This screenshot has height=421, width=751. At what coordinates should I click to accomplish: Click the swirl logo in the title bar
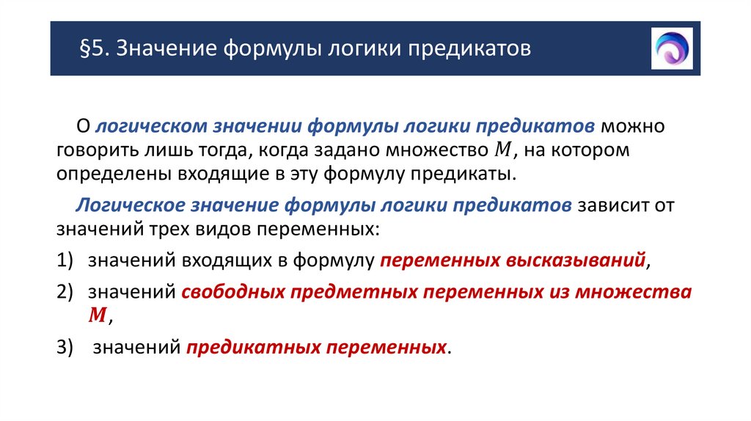coord(672,48)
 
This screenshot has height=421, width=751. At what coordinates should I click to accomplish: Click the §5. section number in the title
coord(95,50)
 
